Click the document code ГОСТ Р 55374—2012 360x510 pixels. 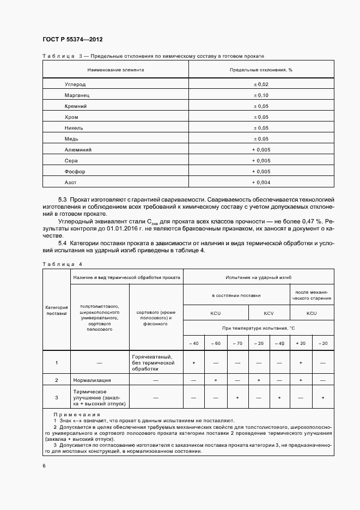(x=72, y=40)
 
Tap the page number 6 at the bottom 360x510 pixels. (x=44, y=465)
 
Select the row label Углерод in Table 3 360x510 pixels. (x=75, y=84)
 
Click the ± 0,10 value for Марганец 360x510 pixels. (x=261, y=95)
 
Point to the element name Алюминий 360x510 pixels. (x=78, y=149)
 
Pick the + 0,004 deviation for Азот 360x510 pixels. (x=261, y=182)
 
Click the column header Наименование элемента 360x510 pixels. (x=115, y=70)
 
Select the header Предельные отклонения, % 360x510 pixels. (x=261, y=70)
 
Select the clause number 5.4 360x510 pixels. (x=62, y=243)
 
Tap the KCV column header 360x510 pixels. (x=269, y=313)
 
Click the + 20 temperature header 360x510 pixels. (x=301, y=343)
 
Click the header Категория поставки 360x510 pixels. (x=56, y=311)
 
